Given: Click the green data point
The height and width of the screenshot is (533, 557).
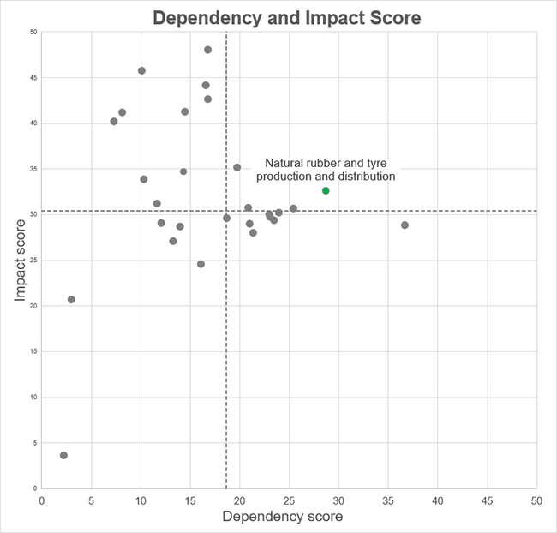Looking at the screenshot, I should click(326, 190).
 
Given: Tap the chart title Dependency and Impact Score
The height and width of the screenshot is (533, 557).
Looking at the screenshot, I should click(287, 17).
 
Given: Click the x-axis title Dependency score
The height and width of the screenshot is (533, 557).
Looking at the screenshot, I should click(283, 517).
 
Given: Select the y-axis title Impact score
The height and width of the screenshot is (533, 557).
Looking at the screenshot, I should click(19, 261).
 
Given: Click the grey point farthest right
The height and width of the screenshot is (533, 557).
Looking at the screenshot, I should click(404, 225).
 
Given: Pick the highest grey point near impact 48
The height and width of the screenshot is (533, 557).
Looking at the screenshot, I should click(207, 50).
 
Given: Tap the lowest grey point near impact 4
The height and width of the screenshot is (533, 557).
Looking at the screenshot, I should click(63, 455).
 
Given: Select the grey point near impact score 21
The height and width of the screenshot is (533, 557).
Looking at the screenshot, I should click(71, 299).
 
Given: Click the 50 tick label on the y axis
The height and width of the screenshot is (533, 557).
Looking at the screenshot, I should click(33, 33).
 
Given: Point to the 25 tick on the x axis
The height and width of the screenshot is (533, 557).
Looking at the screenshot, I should click(289, 499).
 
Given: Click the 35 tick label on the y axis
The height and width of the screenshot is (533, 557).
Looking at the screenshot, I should click(33, 169).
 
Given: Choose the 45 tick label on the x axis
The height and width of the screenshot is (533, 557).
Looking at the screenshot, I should click(487, 499).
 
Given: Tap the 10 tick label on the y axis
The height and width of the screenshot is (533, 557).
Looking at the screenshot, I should click(33, 398).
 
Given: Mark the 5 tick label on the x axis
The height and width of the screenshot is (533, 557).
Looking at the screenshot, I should click(91, 499).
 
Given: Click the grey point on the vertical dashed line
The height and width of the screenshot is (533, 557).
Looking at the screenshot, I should click(226, 218).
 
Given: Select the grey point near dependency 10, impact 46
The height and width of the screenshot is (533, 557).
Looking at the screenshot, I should click(141, 70).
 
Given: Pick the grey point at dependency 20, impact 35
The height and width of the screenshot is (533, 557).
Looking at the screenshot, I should click(237, 167).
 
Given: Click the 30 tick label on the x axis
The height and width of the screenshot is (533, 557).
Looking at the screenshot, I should click(338, 499).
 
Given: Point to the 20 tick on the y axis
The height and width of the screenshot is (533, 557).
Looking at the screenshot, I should click(33, 306).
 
